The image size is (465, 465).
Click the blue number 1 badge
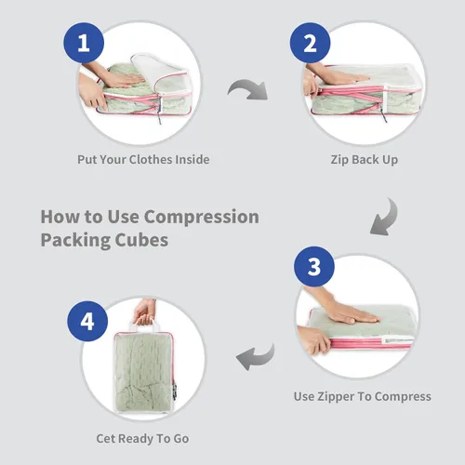click(84, 43)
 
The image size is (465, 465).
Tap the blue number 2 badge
click(310, 43)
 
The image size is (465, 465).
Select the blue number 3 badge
click(314, 267)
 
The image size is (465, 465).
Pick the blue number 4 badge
click(87, 321)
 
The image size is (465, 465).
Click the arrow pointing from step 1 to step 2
click(249, 86)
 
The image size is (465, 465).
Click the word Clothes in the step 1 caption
click(151, 159)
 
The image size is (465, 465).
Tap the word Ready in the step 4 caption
click(136, 439)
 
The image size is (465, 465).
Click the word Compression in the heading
click(202, 217)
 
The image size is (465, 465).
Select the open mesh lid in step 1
click(161, 73)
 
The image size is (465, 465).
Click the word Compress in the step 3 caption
click(402, 397)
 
